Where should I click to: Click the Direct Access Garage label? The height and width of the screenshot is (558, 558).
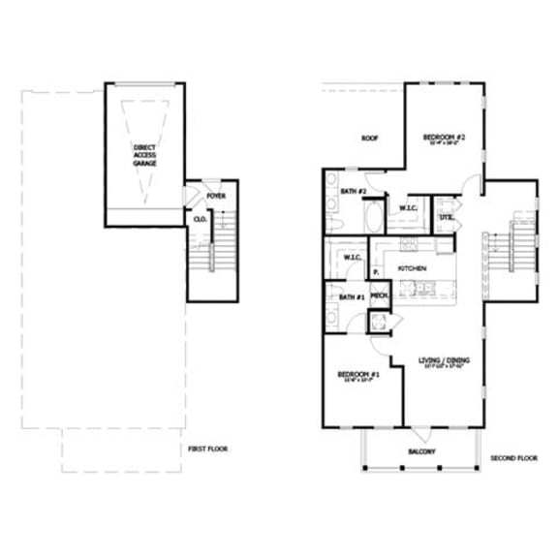click(x=144, y=155)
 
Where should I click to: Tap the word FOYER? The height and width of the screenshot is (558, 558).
click(x=215, y=196)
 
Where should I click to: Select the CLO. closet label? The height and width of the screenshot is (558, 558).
click(x=201, y=220)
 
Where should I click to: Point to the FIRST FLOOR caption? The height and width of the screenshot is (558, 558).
click(x=208, y=449)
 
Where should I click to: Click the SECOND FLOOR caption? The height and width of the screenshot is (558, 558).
click(x=513, y=457)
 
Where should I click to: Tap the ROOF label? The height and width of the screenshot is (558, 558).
click(x=369, y=139)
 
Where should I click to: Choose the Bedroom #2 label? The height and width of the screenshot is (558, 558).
click(x=445, y=139)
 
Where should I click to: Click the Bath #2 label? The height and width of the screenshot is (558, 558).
click(x=353, y=192)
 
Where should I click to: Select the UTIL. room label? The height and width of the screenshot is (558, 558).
click(x=447, y=218)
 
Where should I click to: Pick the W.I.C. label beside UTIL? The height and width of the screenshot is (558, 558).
click(x=408, y=208)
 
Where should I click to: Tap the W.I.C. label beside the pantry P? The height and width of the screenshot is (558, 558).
click(x=351, y=258)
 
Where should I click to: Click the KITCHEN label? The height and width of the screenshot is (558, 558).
click(x=413, y=267)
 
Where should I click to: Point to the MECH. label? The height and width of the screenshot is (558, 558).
click(x=379, y=295)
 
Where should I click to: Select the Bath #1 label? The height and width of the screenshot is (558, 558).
click(x=352, y=296)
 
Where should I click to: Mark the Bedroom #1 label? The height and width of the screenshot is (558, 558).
click(x=357, y=375)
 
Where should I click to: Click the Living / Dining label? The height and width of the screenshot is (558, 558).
click(x=442, y=361)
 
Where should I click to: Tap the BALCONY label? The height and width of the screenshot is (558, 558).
click(x=420, y=451)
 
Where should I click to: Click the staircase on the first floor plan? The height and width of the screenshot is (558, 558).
click(x=206, y=253)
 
